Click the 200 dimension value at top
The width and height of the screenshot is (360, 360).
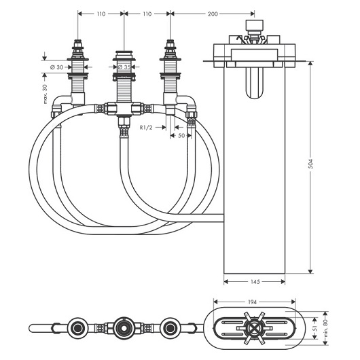pyautogui.click(x=213, y=14)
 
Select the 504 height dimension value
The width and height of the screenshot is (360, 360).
pyautogui.click(x=310, y=164)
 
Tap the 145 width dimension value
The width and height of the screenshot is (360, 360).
pyautogui.click(x=255, y=281)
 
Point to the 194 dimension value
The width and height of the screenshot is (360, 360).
pyautogui.click(x=252, y=302)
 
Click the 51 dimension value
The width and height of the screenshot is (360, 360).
pyautogui.click(x=314, y=328)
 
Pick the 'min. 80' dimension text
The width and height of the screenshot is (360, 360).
pyautogui.click(x=325, y=328)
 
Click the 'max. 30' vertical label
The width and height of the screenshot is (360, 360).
pyautogui.click(x=45, y=94)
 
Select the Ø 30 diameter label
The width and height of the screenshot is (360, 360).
pyautogui.click(x=56, y=67)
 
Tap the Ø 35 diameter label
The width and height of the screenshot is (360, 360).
pyautogui.click(x=124, y=67)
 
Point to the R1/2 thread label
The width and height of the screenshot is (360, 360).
pyautogui.click(x=146, y=128)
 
